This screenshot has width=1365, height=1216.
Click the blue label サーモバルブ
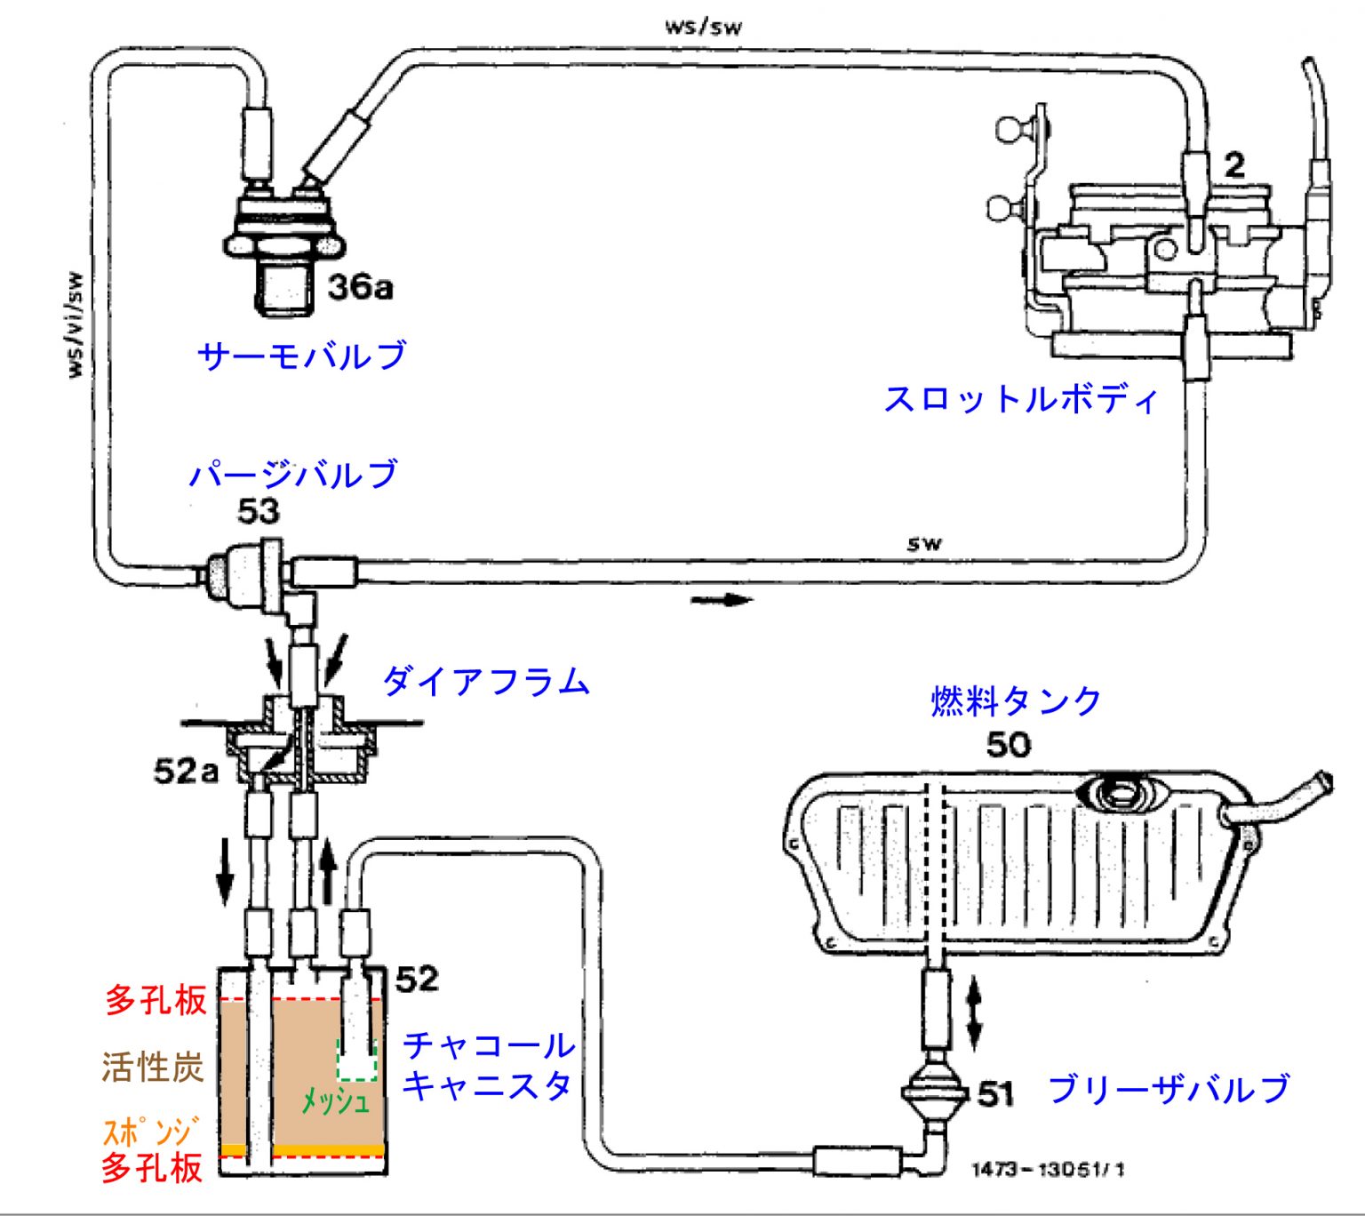pyautogui.click(x=302, y=356)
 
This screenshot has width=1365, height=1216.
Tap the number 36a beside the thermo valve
pyautogui.click(x=360, y=287)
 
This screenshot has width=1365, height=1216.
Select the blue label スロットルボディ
pyautogui.click(x=1021, y=399)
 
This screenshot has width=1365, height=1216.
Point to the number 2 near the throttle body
pyautogui.click(x=1234, y=165)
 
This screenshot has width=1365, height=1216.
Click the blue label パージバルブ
pyautogui.click(x=293, y=474)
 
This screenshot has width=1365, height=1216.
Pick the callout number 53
pyautogui.click(x=259, y=512)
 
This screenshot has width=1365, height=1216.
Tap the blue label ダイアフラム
pyautogui.click(x=486, y=682)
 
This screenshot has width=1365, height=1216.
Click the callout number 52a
pyautogui.click(x=186, y=771)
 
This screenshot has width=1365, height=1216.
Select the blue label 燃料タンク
pyautogui.click(x=1016, y=701)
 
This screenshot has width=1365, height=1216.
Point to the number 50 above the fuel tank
pyautogui.click(x=1009, y=745)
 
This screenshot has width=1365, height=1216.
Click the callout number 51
pyautogui.click(x=995, y=1094)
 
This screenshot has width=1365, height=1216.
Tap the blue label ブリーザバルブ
pyautogui.click(x=1169, y=1089)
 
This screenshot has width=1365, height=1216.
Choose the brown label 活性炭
pyautogui.click(x=153, y=1067)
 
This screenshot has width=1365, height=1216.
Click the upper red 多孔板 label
pyautogui.click(x=156, y=1000)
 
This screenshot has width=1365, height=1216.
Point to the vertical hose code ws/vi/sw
pyautogui.click(x=77, y=324)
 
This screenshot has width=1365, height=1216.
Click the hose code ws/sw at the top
pyautogui.click(x=703, y=26)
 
